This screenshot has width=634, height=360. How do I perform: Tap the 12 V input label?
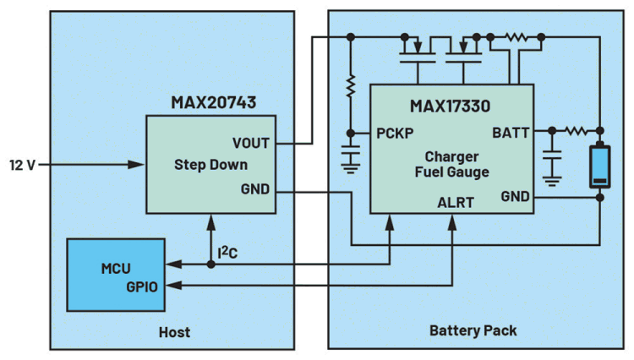click(22, 164)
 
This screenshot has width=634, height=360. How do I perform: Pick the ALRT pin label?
click(456, 203)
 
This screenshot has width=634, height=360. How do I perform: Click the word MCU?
click(115, 268)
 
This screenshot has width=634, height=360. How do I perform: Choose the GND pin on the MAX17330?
click(514, 196)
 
